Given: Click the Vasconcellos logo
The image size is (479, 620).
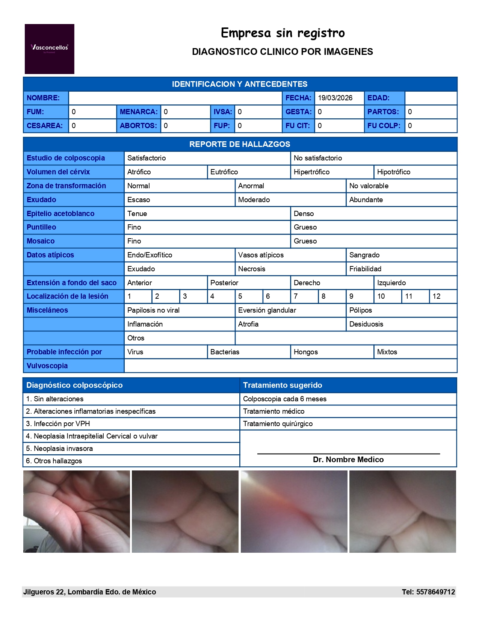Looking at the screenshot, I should coord(49,48).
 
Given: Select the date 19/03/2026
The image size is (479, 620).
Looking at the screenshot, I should coord(335,98).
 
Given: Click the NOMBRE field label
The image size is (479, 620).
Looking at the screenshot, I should coord(43,98).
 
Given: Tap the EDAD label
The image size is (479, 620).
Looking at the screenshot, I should coord(378,98).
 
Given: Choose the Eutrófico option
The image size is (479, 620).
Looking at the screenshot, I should coord(224,172).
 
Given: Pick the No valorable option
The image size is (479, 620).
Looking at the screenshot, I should coord(369,186).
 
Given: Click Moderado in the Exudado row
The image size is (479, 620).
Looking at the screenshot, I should coord(254,200).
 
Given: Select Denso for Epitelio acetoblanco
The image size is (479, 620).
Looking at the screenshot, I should coord(304,214).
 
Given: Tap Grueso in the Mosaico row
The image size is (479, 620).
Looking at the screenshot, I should coord(305,241).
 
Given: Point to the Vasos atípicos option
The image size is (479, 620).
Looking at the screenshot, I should coord(261,255).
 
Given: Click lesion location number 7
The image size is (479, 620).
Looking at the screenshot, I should coord(296,296).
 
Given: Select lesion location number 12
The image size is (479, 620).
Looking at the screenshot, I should coord(436,296).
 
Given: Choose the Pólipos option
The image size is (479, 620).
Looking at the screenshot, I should coord(361,310).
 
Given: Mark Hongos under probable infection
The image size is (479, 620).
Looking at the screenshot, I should coord(306,352).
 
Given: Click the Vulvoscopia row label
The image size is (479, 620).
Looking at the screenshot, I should coord(47,366).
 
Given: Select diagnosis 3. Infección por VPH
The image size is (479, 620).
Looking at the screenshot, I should coord(58,424).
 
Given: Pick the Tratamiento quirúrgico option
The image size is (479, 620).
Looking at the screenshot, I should coord(278,424).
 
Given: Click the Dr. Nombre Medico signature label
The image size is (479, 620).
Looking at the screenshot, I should coord(348,460).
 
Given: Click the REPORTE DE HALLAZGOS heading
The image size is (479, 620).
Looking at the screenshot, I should coord(240,144).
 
